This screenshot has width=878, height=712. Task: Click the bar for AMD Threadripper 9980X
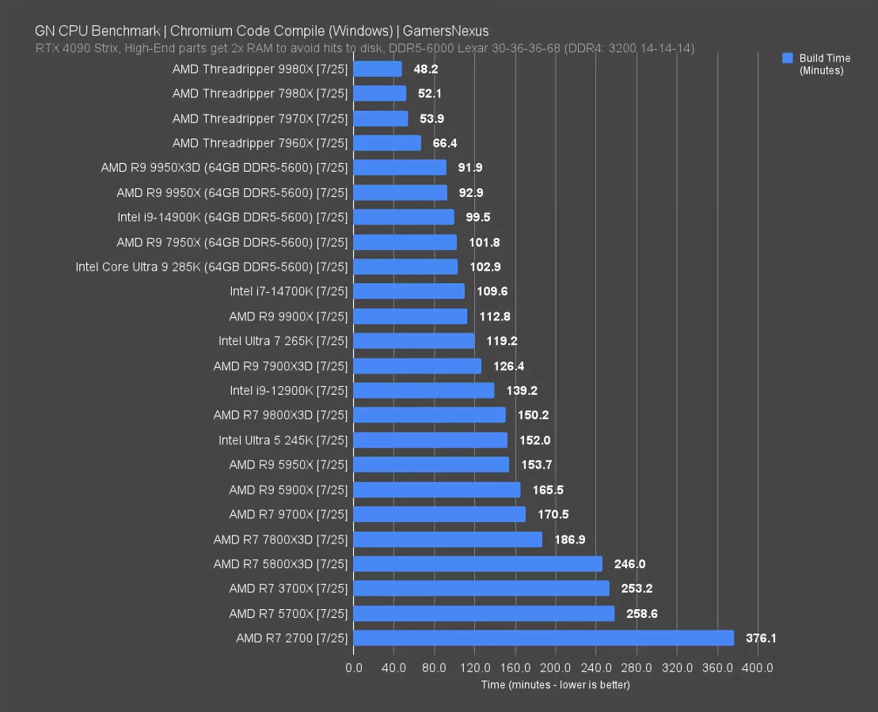click(378, 69)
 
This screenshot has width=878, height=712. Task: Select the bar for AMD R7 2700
click(543, 638)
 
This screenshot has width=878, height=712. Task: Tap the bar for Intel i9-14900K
click(404, 217)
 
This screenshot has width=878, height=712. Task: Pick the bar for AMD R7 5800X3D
click(477, 564)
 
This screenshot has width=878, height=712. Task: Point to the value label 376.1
click(761, 638)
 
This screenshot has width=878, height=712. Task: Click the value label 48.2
click(426, 69)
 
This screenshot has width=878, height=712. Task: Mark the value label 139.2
click(523, 390)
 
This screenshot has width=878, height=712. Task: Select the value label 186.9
click(570, 539)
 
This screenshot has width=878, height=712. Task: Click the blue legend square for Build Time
click(787, 58)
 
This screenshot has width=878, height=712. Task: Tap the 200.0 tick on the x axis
click(556, 668)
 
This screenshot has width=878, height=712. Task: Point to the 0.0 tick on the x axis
click(354, 668)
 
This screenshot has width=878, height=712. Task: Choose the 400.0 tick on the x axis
click(758, 668)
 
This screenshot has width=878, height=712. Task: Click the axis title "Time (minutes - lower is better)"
click(555, 684)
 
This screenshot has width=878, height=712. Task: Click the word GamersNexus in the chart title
click(446, 32)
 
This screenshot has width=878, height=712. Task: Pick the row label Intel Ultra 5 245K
click(283, 440)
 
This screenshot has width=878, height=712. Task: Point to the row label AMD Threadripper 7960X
click(260, 143)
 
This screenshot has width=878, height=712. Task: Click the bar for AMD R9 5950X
click(431, 464)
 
